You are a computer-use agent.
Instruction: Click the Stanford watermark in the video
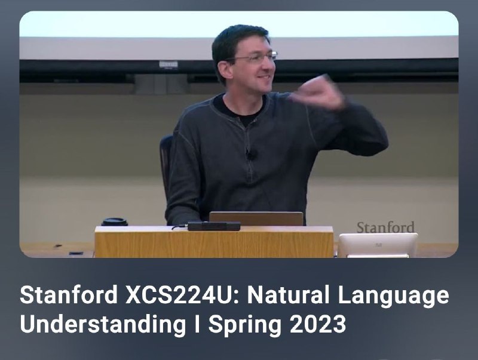click(385, 227)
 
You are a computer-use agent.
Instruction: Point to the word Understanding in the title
click(103, 324)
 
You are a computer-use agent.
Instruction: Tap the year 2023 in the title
click(318, 324)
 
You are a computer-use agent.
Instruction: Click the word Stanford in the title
click(69, 295)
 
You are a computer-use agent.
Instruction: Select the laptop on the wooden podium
click(256, 219)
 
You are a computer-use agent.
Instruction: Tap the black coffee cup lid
click(114, 221)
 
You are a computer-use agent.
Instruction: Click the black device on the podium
click(214, 226)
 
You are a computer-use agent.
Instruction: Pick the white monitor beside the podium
click(378, 245)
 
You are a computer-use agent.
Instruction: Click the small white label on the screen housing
click(168, 64)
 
